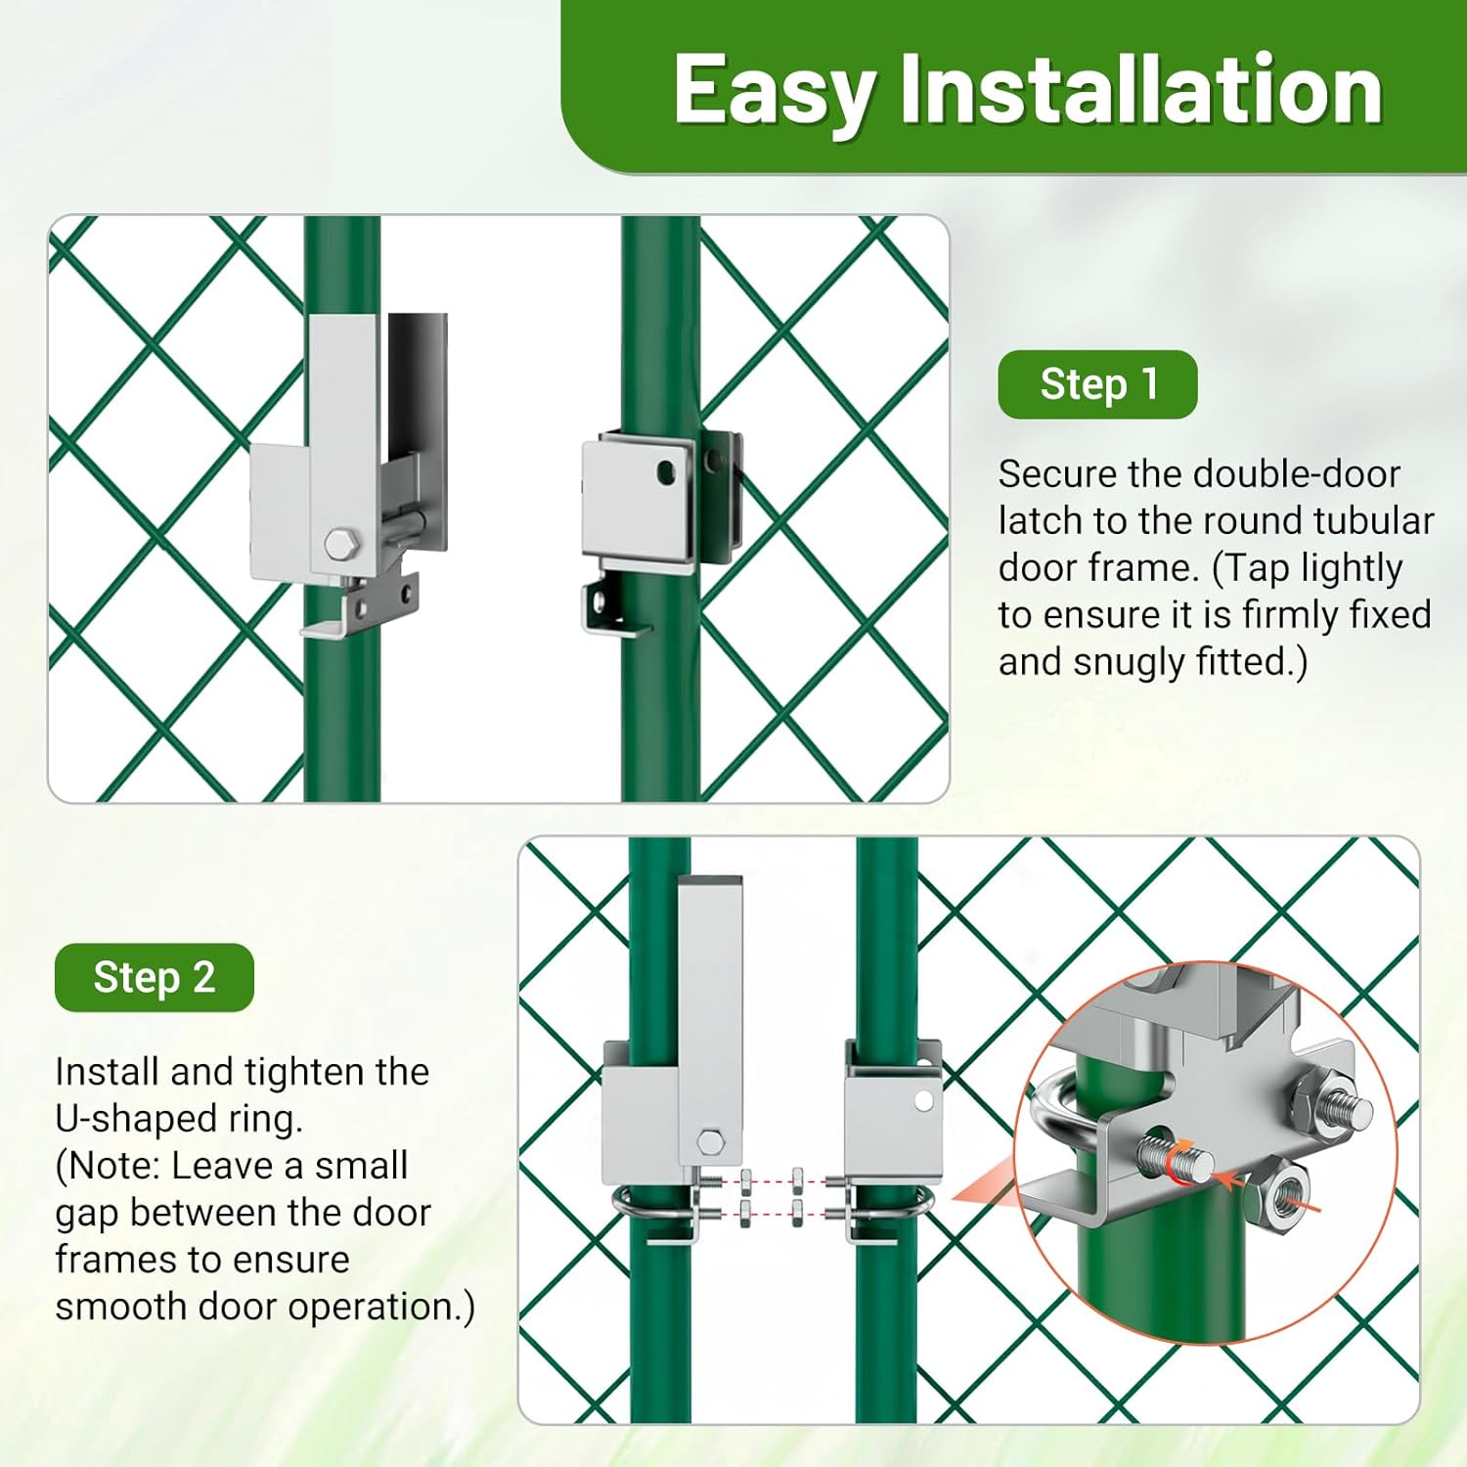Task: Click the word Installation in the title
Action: (x=1140, y=90)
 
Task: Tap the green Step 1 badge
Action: (x=1097, y=384)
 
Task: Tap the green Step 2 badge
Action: (x=155, y=977)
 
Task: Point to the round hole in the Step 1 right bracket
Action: (x=666, y=473)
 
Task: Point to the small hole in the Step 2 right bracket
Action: (x=923, y=1102)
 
